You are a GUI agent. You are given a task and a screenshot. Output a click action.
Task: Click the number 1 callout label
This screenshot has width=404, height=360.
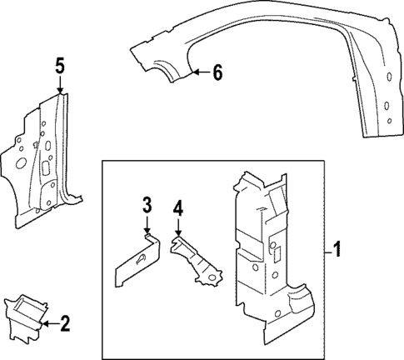click(337, 249)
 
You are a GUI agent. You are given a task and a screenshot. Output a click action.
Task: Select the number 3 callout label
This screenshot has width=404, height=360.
click(146, 205)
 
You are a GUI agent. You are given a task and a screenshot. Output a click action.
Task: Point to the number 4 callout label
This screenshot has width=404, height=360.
click(177, 208)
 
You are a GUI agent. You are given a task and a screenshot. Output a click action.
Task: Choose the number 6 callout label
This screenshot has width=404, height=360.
click(217, 73)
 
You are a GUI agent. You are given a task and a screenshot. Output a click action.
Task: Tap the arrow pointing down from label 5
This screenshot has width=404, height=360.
click(59, 87)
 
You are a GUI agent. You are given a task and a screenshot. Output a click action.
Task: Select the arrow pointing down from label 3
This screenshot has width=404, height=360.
click(146, 226)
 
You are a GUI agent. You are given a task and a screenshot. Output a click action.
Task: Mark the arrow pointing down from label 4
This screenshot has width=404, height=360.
click(177, 229)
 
